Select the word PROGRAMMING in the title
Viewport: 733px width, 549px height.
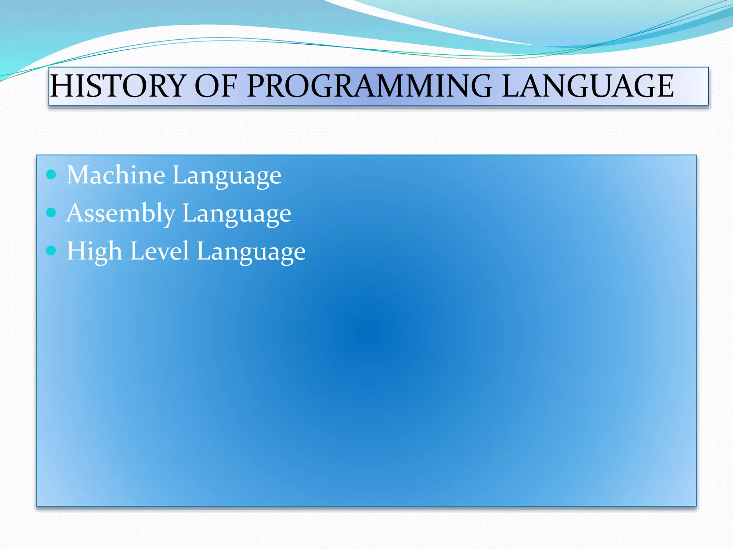pyautogui.click(x=369, y=86)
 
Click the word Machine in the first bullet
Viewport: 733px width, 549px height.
pyautogui.click(x=116, y=175)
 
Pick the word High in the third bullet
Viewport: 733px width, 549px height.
pyautogui.click(x=94, y=252)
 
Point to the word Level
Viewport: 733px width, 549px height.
pyautogui.click(x=159, y=251)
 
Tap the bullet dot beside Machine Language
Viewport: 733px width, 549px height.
pyautogui.click(x=52, y=175)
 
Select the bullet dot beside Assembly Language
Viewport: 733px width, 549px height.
pyautogui.click(x=52, y=213)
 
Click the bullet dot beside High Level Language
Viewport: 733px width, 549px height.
pyautogui.click(x=52, y=251)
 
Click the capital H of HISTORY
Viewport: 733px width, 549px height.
pyautogui.click(x=60, y=86)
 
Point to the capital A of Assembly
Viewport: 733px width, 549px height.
pyautogui.click(x=76, y=213)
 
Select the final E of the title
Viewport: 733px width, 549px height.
pyautogui.click(x=663, y=86)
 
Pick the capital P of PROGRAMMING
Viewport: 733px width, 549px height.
pyautogui.click(x=257, y=86)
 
